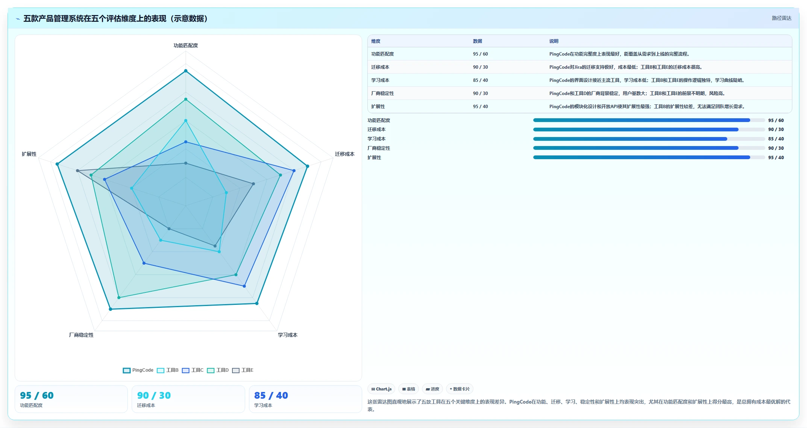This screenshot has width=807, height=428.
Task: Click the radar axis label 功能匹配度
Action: (x=185, y=45)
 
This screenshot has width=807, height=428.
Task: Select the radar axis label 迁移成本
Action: (x=344, y=154)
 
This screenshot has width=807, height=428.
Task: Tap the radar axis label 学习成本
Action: (x=288, y=335)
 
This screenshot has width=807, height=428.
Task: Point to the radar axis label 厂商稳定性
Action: (x=81, y=335)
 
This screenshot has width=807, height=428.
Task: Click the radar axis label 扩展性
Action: (x=29, y=154)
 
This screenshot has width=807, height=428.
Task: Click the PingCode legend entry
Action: (x=138, y=370)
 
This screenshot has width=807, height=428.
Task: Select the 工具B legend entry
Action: (x=168, y=370)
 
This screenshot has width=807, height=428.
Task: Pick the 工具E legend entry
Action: (x=243, y=370)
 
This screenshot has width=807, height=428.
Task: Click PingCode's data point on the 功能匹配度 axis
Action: (x=185, y=71)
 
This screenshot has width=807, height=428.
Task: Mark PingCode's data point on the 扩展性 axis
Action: (x=57, y=164)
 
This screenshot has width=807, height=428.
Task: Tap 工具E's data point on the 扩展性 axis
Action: (x=78, y=171)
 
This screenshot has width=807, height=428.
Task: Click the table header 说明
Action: (x=554, y=41)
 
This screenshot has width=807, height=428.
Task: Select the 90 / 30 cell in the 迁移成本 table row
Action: (x=480, y=67)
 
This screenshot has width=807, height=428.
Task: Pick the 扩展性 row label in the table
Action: (x=378, y=107)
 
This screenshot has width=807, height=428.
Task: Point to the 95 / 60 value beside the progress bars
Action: (x=776, y=121)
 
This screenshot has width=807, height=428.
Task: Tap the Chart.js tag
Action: (x=381, y=389)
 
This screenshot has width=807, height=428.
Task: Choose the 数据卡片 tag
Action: (x=460, y=389)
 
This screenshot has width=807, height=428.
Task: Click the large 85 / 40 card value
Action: (x=271, y=395)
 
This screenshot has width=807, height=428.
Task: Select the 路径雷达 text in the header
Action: (x=781, y=18)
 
